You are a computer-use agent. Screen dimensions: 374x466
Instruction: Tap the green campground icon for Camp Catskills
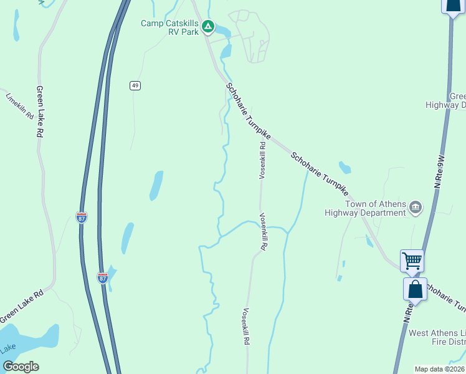tap(209, 27)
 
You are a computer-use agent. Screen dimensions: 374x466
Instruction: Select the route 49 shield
tap(135, 85)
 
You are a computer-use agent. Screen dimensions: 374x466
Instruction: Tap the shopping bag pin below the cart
tap(415, 289)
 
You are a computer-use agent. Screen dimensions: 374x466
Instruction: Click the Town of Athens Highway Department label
tap(365, 208)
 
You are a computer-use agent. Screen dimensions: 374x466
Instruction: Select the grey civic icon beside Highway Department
tap(416, 206)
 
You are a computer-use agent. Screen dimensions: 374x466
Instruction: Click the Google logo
tap(21, 367)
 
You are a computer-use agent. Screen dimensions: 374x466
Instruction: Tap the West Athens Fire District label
tap(436, 337)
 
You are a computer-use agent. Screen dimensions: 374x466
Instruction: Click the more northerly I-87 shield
tap(82, 217)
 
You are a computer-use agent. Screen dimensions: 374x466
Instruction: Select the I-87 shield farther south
tap(103, 278)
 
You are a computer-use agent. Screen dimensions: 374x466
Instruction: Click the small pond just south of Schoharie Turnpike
tap(345, 167)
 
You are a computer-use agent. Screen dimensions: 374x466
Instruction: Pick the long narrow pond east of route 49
tap(156, 185)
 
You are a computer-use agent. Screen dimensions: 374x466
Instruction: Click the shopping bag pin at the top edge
tap(453, 5)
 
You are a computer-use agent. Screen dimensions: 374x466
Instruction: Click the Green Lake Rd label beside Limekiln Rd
tap(39, 112)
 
